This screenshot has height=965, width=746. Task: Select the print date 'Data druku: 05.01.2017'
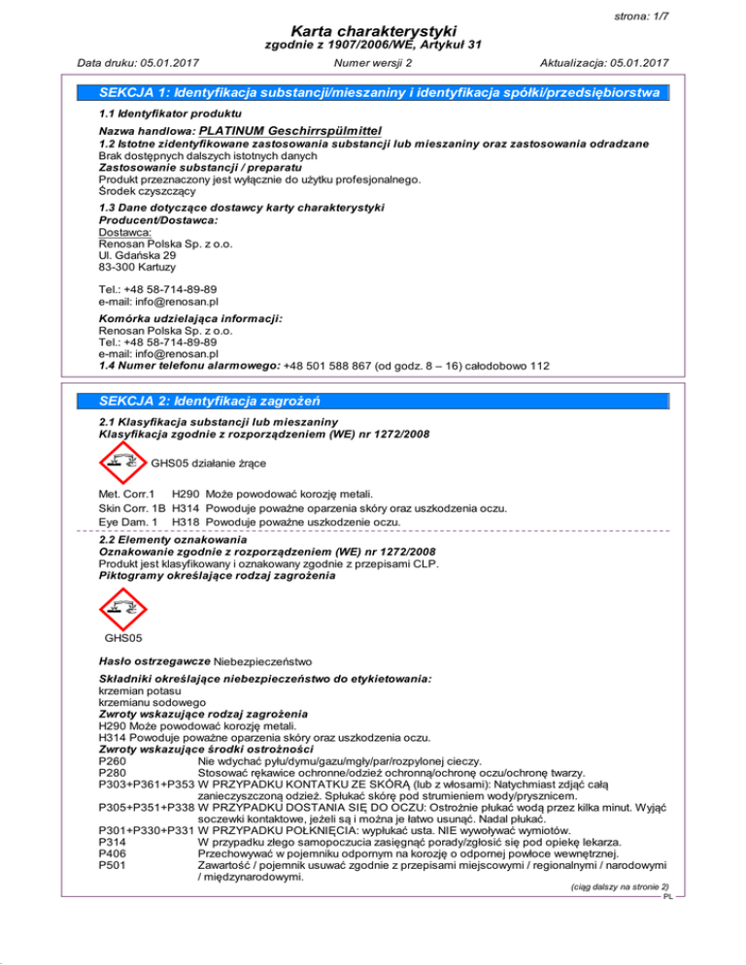coord(133,64)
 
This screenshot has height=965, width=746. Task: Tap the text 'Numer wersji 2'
coord(372,64)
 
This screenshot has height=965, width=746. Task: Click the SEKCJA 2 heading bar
coord(373,402)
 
